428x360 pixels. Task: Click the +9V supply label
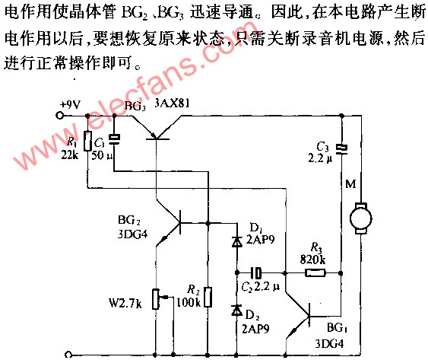click(x=71, y=105)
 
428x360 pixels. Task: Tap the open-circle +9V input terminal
click(x=59, y=116)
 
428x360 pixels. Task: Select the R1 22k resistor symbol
click(x=87, y=141)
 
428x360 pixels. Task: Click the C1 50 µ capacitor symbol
click(x=114, y=139)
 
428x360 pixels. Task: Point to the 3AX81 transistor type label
click(x=172, y=104)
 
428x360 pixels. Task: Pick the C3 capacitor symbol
click(x=341, y=149)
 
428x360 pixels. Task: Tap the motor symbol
click(x=360, y=218)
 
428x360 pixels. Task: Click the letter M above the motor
click(x=350, y=184)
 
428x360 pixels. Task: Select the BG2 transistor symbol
click(x=170, y=223)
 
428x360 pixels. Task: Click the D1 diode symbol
click(x=236, y=241)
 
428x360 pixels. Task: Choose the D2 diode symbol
click(x=236, y=310)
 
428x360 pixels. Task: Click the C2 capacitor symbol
click(x=256, y=272)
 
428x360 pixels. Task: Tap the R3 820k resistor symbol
click(x=315, y=273)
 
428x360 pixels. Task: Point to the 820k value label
click(x=312, y=260)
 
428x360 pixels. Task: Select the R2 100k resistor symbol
click(x=208, y=297)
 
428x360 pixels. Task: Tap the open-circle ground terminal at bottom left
click(x=68, y=355)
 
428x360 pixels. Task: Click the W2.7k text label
click(x=125, y=303)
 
